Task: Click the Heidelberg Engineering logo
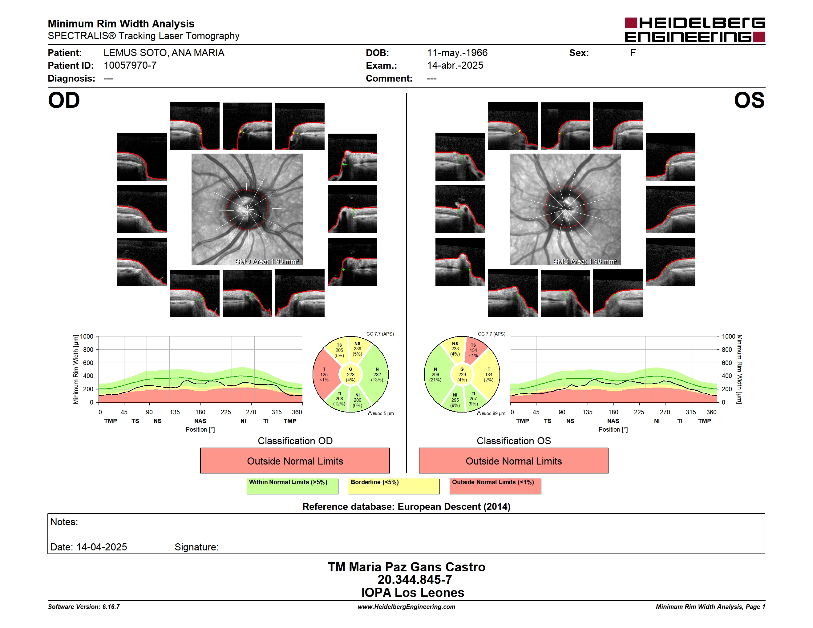pos(695,30)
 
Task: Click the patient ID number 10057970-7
pos(130,66)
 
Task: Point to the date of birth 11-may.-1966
pos(457,53)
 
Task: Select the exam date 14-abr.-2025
pos(455,66)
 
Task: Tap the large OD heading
pos(64,100)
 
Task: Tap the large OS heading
pos(749,100)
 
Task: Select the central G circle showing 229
pos(462,375)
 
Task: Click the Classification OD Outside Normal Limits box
pos(295,461)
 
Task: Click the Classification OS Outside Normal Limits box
pos(513,461)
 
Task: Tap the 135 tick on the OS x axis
pos(587,412)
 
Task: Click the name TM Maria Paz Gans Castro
pos(407,567)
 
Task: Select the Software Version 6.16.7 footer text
pos(84,607)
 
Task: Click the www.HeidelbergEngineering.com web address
pos(407,607)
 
